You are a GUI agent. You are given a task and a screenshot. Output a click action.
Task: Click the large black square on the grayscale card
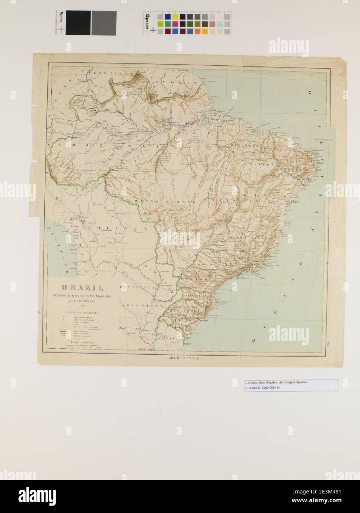pos(78,23)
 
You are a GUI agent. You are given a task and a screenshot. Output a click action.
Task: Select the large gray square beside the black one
pos(104,23)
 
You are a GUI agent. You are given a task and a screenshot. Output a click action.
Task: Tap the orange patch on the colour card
pos(198,32)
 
